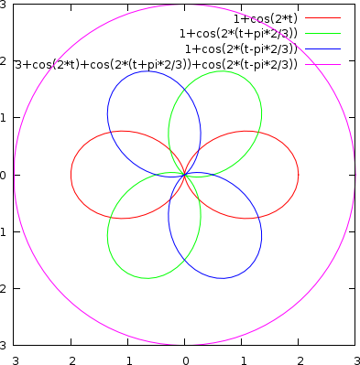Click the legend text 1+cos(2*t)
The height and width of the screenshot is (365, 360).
point(264,17)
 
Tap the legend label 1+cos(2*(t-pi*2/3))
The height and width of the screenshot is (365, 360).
point(241,48)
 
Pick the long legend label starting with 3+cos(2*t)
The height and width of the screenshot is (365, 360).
point(157,64)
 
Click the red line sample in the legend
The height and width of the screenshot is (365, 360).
point(322,17)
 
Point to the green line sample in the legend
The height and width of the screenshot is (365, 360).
point(322,33)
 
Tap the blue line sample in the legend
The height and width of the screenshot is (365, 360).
point(322,48)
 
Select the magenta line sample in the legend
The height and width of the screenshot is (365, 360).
point(322,64)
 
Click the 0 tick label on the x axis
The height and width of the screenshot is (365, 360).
point(185,359)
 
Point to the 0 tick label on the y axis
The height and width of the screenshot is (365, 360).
point(5,174)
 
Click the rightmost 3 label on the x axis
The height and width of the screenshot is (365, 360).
point(355,359)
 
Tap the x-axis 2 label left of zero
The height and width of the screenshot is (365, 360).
point(71,359)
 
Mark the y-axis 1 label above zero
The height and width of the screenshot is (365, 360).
point(5,117)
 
